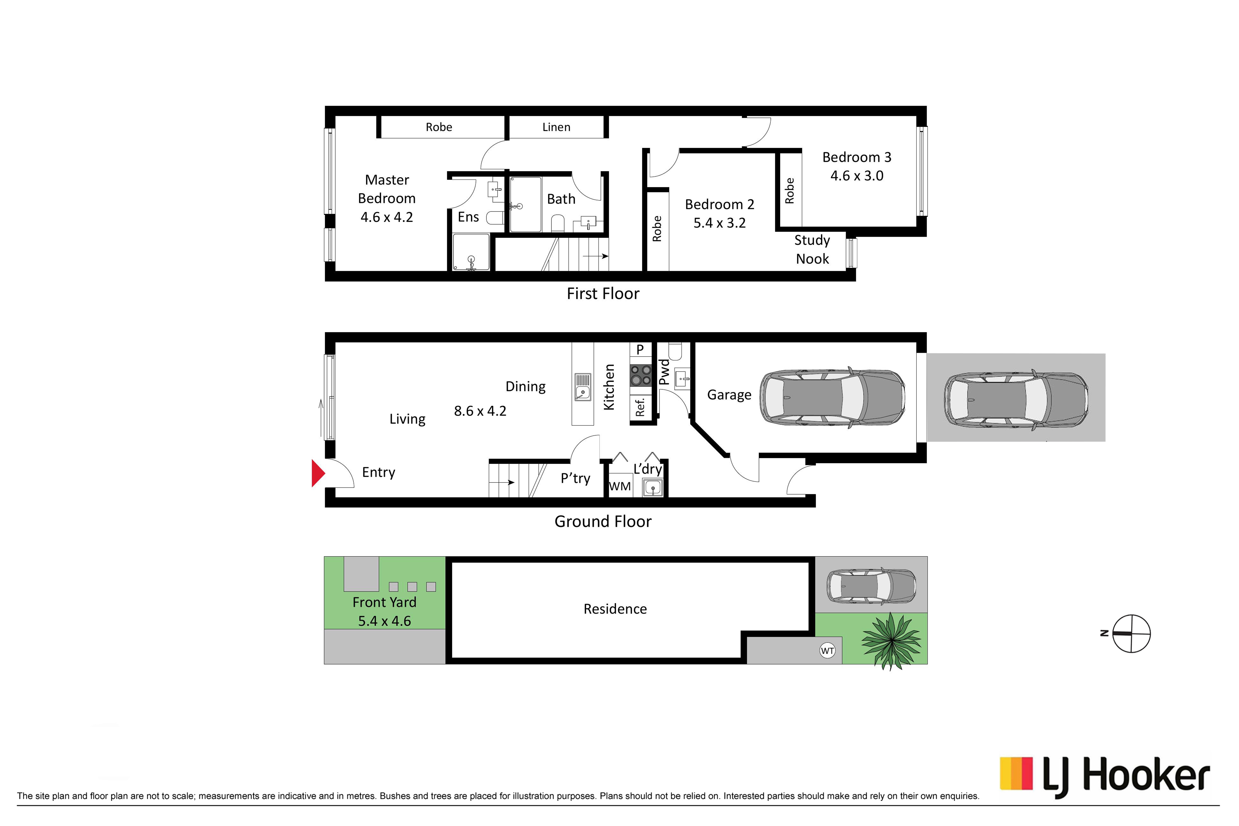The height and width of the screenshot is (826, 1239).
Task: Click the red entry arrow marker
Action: pyautogui.click(x=318, y=473)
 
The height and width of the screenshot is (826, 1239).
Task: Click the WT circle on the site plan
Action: pyautogui.click(x=827, y=651)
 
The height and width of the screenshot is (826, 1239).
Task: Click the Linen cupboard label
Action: pyautogui.click(x=556, y=127)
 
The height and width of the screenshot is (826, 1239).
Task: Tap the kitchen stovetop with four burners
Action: pyautogui.click(x=641, y=376)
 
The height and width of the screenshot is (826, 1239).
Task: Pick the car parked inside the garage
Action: pyautogui.click(x=832, y=398)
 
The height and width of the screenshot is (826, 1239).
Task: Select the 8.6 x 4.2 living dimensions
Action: pyautogui.click(x=480, y=411)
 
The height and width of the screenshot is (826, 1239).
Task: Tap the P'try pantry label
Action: pyautogui.click(x=575, y=478)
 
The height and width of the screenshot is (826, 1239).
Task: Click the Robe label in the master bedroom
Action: pyautogui.click(x=439, y=127)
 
